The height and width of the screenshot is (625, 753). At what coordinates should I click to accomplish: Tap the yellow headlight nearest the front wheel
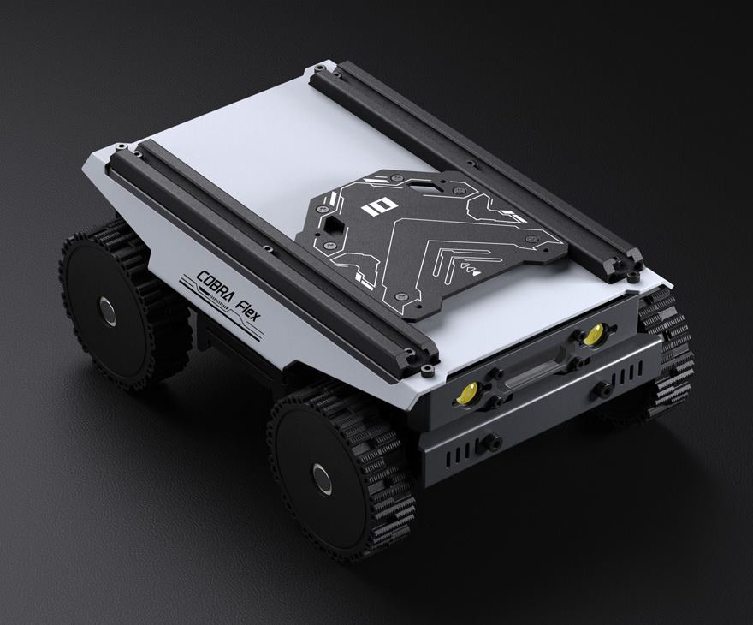point(468,393)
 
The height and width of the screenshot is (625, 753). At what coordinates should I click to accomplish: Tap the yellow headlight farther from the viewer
point(592,336)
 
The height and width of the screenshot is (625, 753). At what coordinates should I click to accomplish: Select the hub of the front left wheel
point(323,478)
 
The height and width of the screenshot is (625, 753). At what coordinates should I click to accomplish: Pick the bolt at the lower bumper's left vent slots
point(493,443)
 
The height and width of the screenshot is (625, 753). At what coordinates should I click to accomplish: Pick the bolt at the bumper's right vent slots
point(604,389)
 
